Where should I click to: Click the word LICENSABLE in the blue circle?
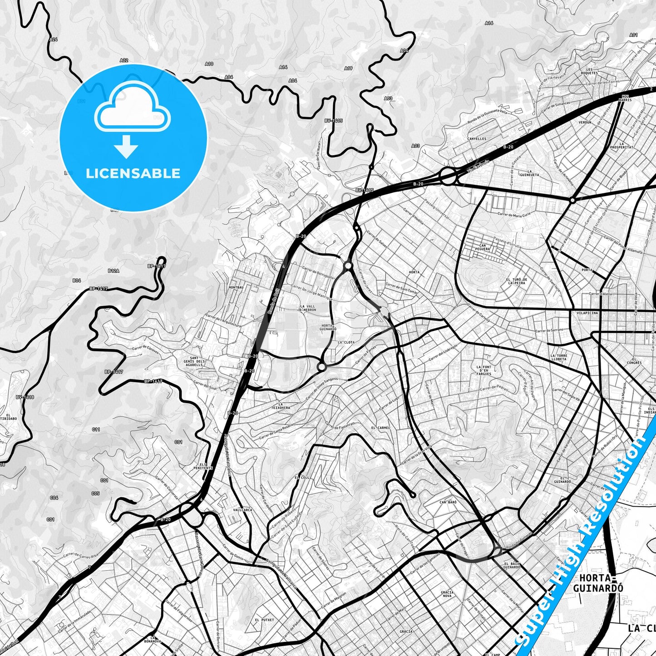(x=133, y=173)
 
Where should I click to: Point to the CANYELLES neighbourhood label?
(x=477, y=139)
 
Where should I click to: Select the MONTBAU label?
(x=237, y=287)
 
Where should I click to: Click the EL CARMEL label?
(x=380, y=428)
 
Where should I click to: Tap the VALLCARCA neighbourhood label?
(x=242, y=510)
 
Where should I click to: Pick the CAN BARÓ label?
(x=448, y=502)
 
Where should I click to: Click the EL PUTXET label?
(x=264, y=620)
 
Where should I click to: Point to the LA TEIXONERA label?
(x=284, y=406)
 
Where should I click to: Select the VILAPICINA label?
(x=587, y=313)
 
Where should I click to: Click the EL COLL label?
(x=302, y=478)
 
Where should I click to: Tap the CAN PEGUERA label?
(x=482, y=247)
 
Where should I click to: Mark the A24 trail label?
(x=54, y=39)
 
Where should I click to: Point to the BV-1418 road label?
(x=25, y=397)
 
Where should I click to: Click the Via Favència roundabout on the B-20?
(x=447, y=176)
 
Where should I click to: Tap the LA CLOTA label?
(x=346, y=342)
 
